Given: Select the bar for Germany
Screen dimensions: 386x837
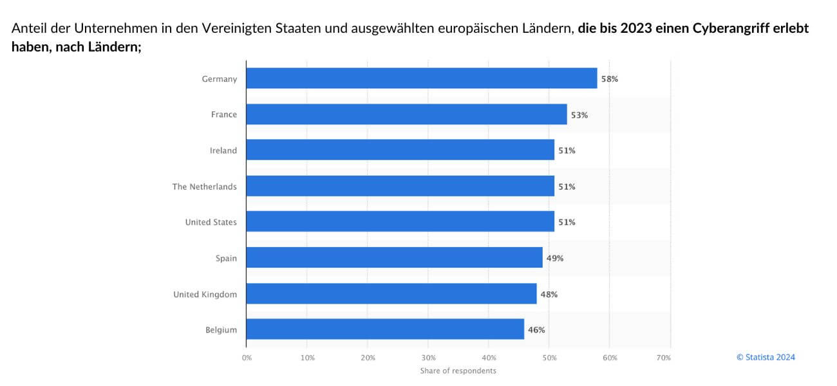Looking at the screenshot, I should point(421,78).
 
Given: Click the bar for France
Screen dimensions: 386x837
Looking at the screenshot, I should point(406,115).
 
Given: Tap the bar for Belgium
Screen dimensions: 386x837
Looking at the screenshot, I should point(385,329).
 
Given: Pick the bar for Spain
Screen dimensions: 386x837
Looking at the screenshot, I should point(394,258).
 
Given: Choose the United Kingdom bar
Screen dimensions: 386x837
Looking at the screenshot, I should point(391,294).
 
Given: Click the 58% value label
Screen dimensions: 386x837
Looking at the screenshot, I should point(610,79).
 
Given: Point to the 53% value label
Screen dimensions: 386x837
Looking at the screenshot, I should point(579,115).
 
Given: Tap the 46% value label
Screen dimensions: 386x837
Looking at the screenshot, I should point(536,330).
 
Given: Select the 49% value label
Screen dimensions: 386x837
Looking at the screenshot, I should point(555,259).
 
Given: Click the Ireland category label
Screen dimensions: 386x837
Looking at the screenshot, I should point(223,151).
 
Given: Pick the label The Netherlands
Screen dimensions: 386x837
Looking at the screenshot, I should point(204,187).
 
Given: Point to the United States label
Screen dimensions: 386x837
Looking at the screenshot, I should point(211,222).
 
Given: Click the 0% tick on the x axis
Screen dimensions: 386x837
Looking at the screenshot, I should point(247,357).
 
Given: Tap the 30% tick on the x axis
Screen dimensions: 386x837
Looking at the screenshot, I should point(428,357).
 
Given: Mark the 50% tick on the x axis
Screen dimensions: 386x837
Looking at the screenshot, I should point(549,357).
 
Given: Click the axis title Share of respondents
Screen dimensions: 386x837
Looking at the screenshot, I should point(458,371).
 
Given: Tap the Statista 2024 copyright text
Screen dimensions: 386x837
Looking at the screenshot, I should point(766,357).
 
